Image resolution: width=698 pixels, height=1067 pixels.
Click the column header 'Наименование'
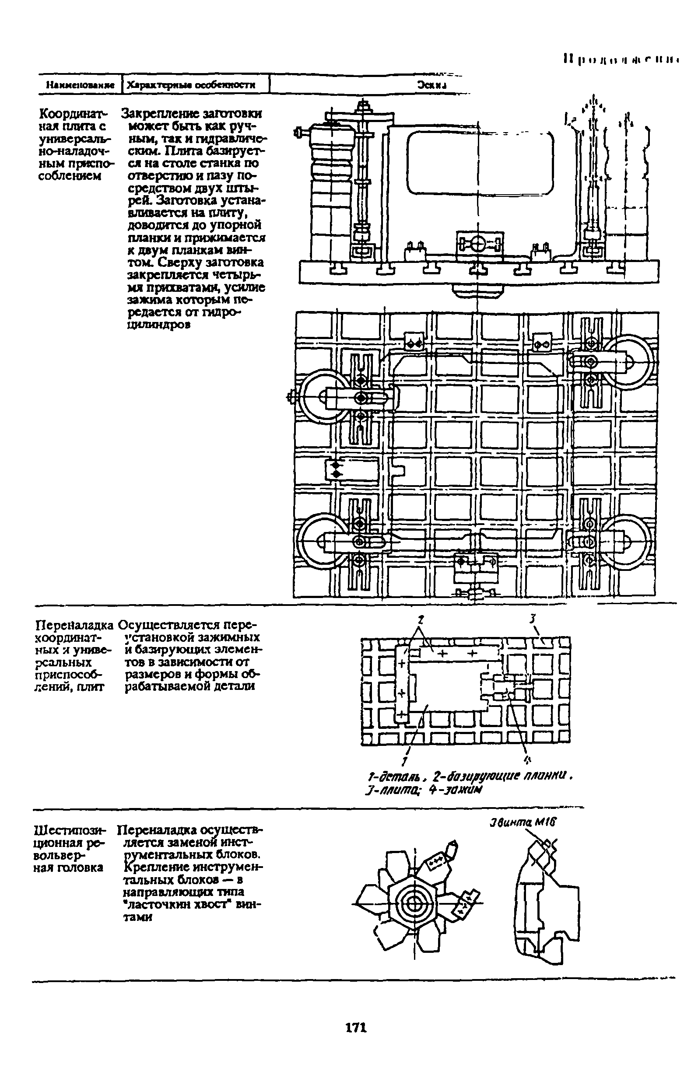click(79, 85)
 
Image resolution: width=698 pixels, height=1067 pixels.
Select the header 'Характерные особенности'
click(191, 85)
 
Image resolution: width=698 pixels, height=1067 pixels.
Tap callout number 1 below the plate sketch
click(405, 761)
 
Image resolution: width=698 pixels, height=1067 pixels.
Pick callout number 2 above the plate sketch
click(420, 619)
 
